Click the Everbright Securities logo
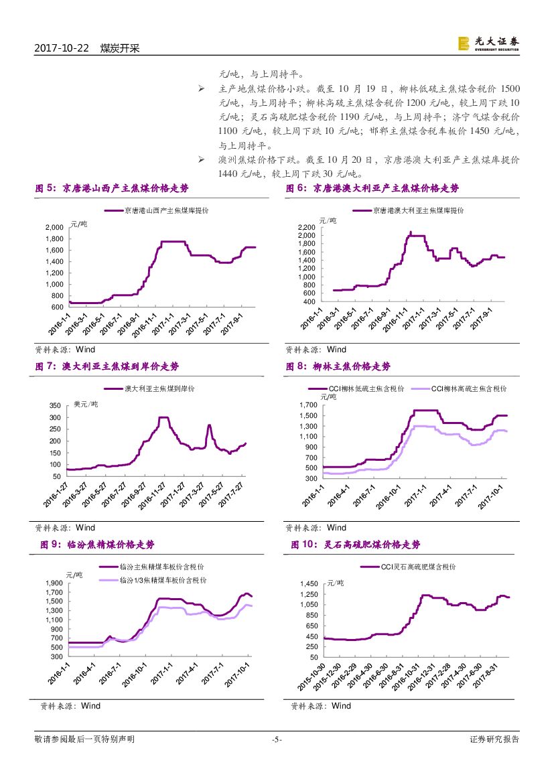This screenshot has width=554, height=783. (488, 44)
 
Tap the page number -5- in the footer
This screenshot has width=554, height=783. (277, 739)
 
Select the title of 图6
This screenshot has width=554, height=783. (372, 188)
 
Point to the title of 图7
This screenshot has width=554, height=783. (107, 366)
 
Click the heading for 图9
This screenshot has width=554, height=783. (101, 545)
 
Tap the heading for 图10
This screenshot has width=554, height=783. (356, 545)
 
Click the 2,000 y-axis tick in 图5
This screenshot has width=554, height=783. (54, 228)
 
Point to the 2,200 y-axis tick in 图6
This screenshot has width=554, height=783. (305, 228)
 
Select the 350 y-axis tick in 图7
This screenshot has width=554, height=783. (56, 406)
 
